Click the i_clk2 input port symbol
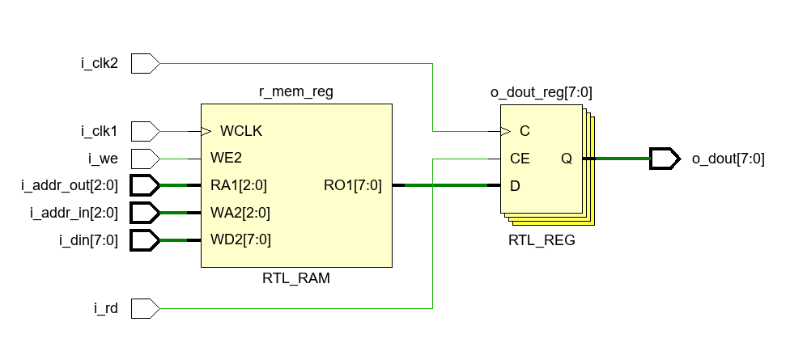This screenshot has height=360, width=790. click(x=145, y=62)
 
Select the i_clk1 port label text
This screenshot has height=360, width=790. click(x=100, y=130)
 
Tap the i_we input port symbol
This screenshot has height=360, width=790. click(x=145, y=158)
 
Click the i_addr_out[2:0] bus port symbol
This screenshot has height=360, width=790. click(x=145, y=185)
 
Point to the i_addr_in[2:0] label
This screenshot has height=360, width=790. click(x=74, y=213)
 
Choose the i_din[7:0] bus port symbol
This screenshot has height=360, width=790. click(x=145, y=240)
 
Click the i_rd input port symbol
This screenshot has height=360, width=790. click(x=145, y=308)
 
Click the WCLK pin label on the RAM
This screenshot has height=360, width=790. click(x=241, y=130)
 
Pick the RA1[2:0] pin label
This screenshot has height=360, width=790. click(x=239, y=185)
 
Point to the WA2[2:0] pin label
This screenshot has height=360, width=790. click(x=240, y=213)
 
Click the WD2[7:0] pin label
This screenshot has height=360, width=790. click(x=240, y=240)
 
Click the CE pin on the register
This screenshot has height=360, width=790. click(x=520, y=159)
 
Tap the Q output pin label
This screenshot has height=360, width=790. click(x=567, y=159)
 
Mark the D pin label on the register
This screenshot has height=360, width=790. click(x=515, y=185)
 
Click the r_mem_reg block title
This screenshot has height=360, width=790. click(x=296, y=92)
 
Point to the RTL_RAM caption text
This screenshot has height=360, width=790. click(x=296, y=279)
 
